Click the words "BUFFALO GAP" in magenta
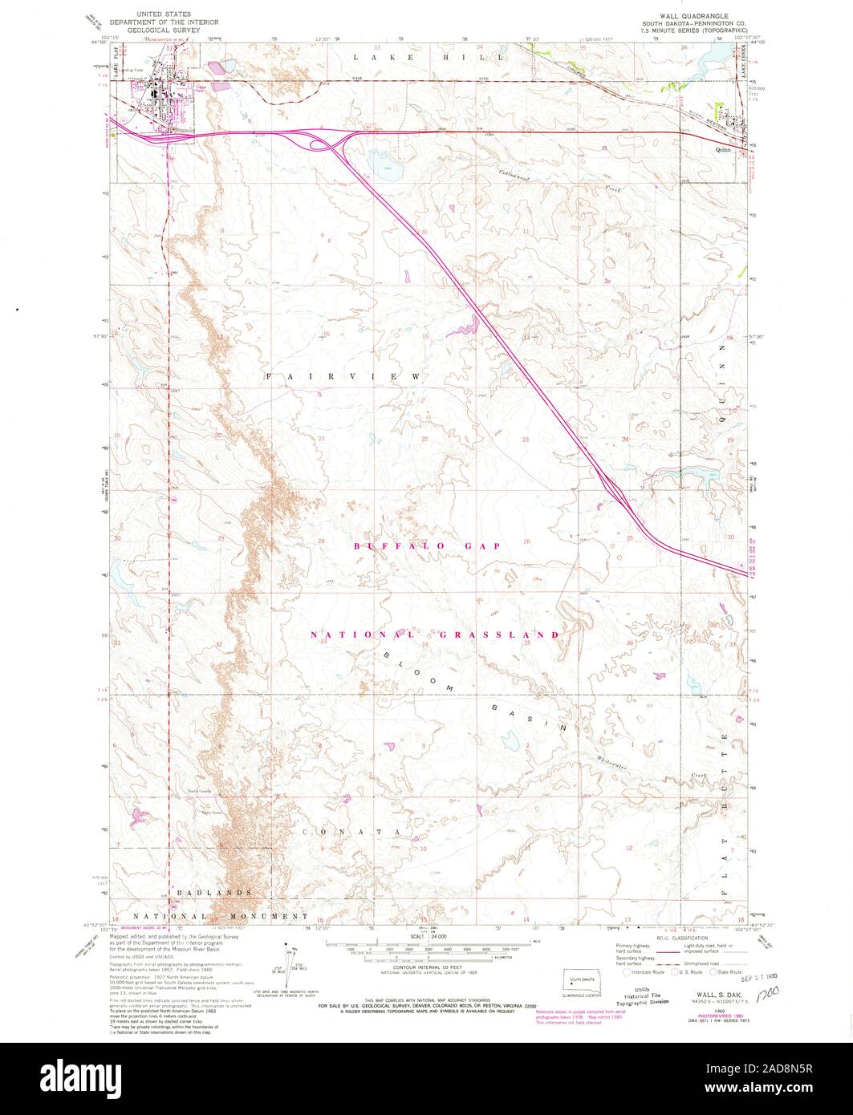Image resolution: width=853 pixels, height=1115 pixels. point(427,545)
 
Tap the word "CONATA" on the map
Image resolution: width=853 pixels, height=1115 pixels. point(351,832)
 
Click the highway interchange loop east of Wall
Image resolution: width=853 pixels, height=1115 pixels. point(325,144)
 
